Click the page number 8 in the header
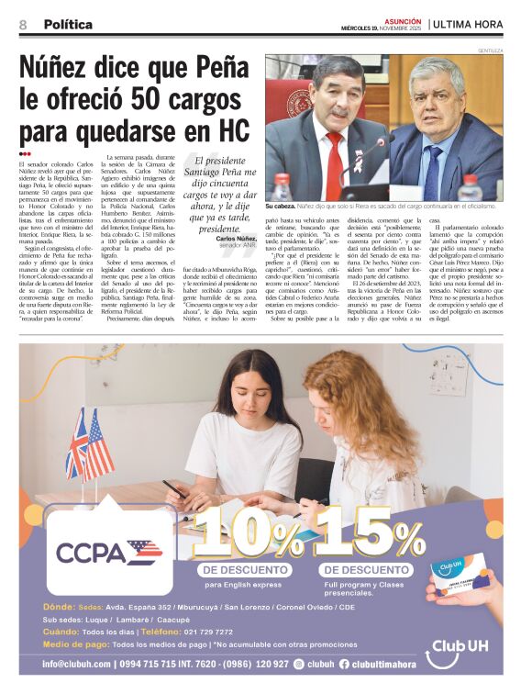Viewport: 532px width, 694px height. click(22, 25)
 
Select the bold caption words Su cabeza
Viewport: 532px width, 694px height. click(282, 207)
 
